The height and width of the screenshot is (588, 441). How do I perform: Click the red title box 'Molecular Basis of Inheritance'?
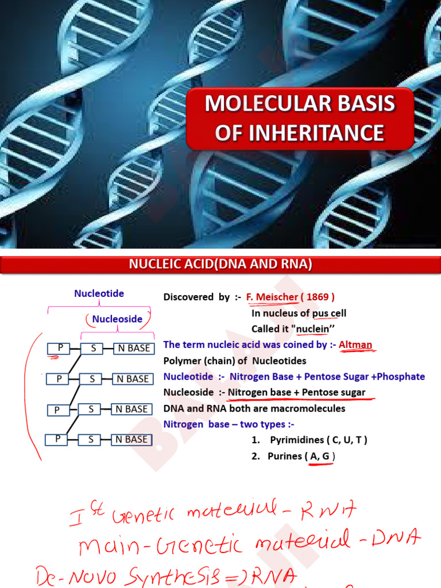pyautogui.click(x=300, y=118)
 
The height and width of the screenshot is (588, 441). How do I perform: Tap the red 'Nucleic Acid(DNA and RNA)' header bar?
pyautogui.click(x=220, y=265)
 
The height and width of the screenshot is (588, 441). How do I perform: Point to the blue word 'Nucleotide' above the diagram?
pyautogui.click(x=99, y=293)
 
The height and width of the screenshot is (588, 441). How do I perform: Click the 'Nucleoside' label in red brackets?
pyautogui.click(x=117, y=319)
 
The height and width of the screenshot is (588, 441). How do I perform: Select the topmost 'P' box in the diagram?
pyautogui.click(x=60, y=348)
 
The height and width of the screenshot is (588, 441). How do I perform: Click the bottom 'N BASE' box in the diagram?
pyautogui.click(x=133, y=439)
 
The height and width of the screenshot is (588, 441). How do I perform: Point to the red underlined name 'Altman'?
pyautogui.click(x=355, y=345)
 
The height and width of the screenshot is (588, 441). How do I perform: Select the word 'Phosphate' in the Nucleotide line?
pyautogui.click(x=402, y=377)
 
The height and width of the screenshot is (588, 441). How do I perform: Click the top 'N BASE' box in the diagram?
pyautogui.click(x=133, y=348)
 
